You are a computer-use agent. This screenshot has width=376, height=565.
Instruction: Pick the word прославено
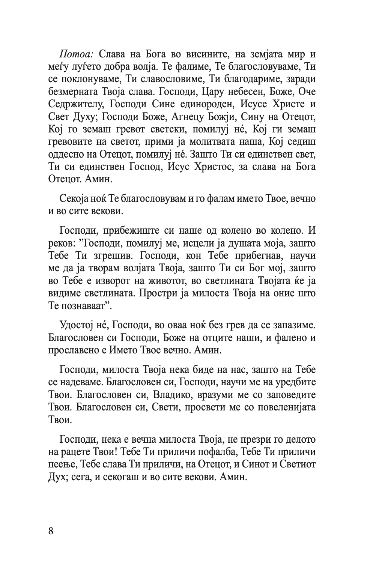tap(74, 350)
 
